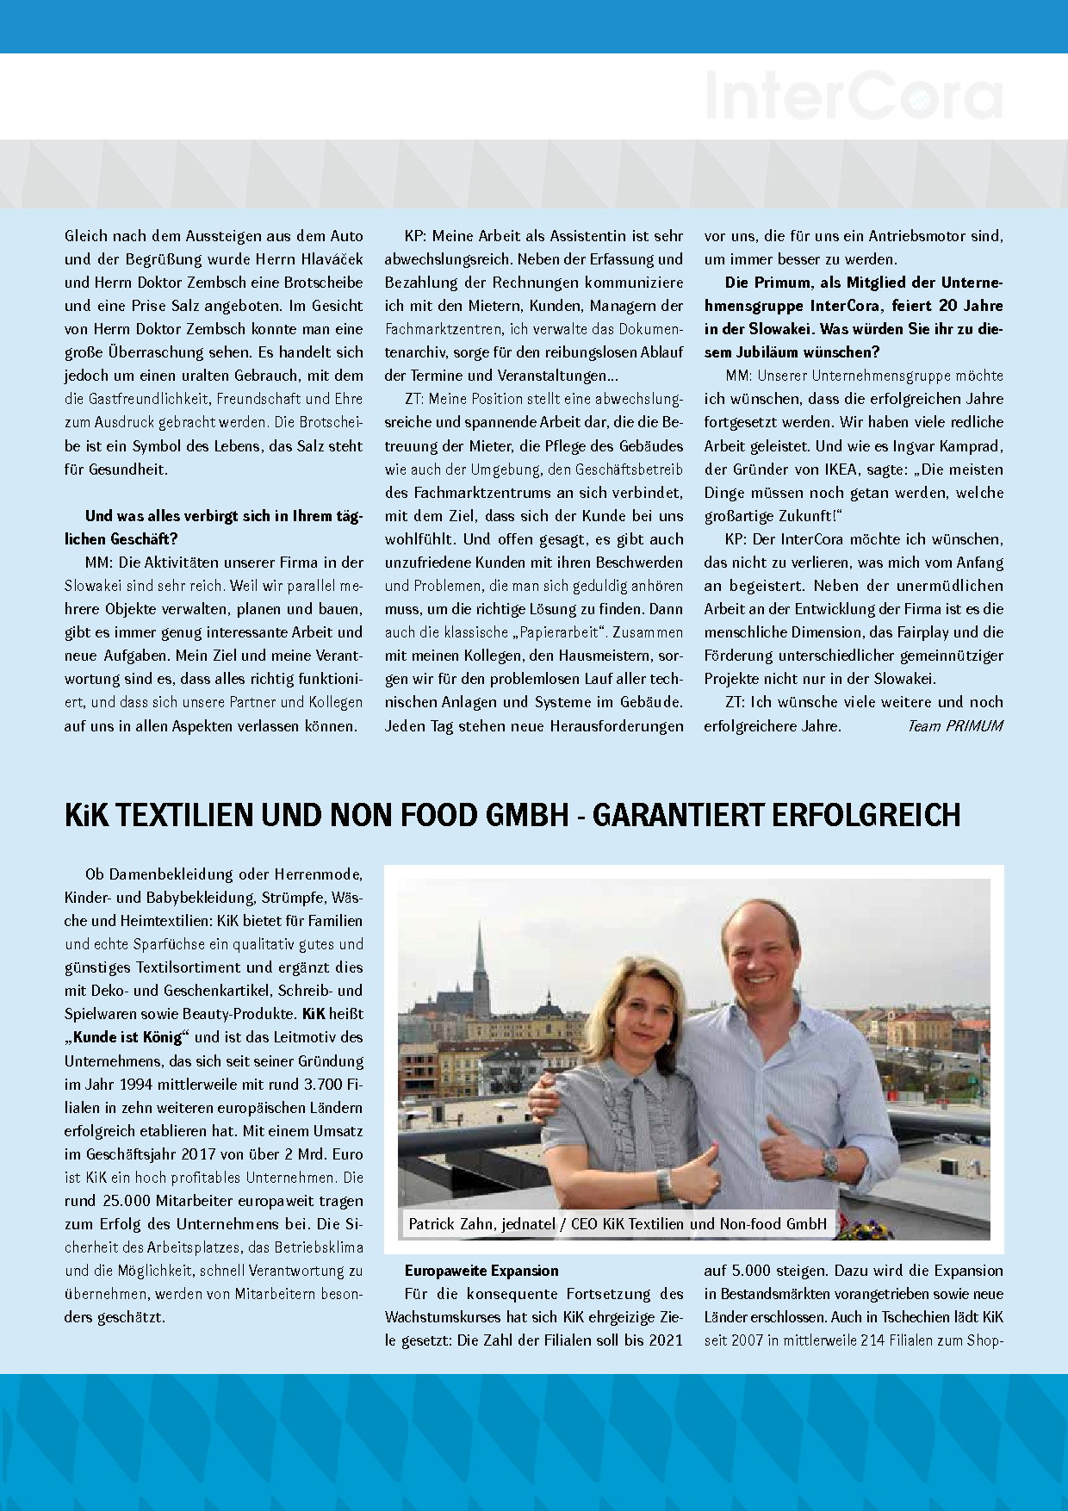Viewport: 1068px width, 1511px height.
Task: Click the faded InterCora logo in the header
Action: (x=854, y=96)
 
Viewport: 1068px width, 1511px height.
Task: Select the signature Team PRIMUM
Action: (x=954, y=726)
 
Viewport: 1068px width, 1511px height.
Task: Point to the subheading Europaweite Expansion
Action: (x=481, y=1271)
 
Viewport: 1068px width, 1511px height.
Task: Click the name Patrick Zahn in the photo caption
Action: (x=450, y=1223)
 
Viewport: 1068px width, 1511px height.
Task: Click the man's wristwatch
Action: (x=829, y=1163)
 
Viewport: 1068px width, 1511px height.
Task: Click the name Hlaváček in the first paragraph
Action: (x=332, y=259)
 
